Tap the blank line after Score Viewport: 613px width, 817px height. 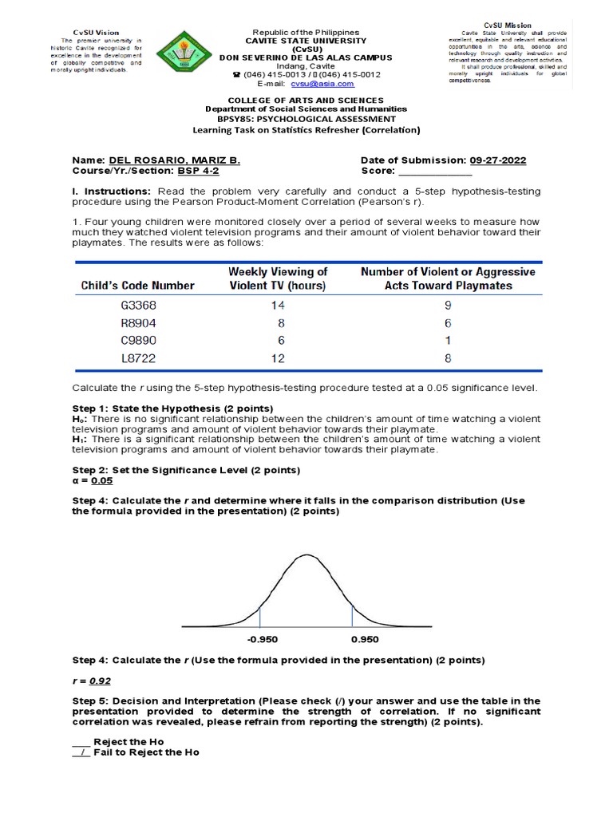click(435, 171)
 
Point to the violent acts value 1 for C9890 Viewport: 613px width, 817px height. click(449, 341)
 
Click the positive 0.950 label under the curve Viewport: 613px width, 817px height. click(365, 640)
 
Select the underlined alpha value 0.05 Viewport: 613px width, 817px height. click(102, 481)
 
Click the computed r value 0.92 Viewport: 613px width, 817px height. click(100, 681)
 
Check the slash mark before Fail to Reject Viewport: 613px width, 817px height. click(82, 752)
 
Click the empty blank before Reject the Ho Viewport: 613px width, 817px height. click(81, 741)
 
